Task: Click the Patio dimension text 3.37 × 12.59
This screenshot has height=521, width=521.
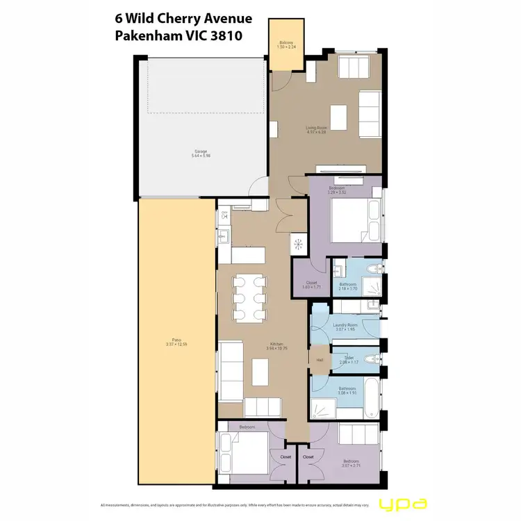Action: (173, 345)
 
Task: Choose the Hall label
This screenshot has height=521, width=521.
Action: (320, 360)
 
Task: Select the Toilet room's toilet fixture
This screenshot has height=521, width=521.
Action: (373, 359)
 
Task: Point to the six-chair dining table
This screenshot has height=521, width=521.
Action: (249, 298)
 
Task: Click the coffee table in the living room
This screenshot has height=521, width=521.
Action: (338, 115)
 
